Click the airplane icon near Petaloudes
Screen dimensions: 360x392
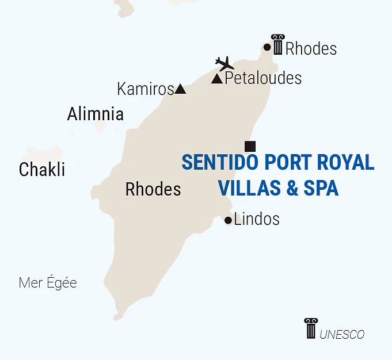224,63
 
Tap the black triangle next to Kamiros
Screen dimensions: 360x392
180,89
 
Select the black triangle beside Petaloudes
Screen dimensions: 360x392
217,79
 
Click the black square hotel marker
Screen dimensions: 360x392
250,145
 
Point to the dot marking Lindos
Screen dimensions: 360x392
228,220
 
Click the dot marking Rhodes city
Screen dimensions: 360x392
267,47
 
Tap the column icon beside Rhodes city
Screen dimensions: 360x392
277,44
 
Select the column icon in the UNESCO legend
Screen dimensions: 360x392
311,328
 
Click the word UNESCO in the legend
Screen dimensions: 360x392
342,334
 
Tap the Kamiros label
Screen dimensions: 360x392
145,89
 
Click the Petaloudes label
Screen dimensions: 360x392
263,78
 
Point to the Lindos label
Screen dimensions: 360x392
257,219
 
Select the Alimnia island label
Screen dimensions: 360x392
95,114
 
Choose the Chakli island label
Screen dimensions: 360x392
42,170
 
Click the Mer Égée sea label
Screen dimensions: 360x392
48,283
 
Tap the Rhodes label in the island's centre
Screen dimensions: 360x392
153,189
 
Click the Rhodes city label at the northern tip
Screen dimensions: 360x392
311,49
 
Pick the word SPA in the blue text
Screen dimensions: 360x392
322,188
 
